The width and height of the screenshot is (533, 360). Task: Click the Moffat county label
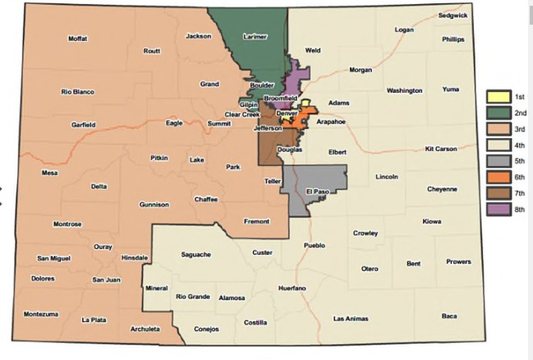click(x=78, y=39)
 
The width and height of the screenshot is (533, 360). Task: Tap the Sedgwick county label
click(x=453, y=16)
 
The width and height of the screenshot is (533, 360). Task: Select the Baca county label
click(x=449, y=316)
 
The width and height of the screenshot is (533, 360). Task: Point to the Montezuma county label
click(x=41, y=314)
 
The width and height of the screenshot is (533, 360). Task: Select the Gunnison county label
click(x=154, y=204)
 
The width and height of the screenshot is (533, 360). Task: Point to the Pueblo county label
click(x=315, y=245)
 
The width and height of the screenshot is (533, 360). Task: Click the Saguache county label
click(x=196, y=254)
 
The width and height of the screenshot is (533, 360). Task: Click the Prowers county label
click(x=458, y=262)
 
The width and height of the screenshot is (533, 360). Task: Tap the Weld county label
click(x=313, y=50)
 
